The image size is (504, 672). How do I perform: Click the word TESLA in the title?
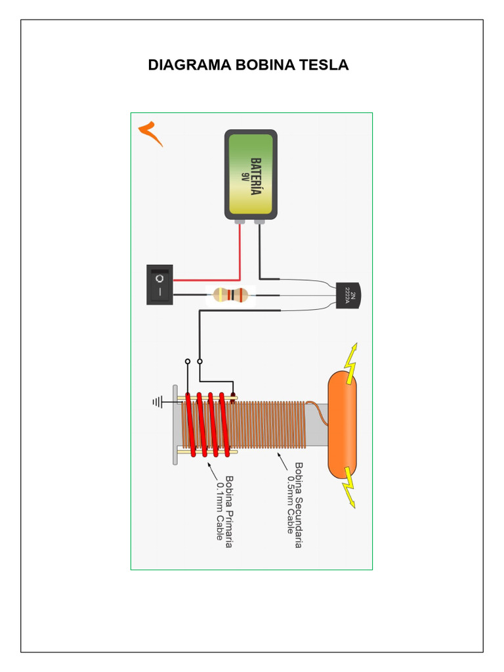(x=324, y=66)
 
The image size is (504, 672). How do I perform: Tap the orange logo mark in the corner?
(x=150, y=133)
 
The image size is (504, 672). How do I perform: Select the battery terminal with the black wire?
(x=259, y=222)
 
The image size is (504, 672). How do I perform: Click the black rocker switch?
(x=159, y=284)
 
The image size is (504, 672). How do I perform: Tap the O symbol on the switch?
(x=159, y=278)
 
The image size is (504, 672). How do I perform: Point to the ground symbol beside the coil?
(x=157, y=402)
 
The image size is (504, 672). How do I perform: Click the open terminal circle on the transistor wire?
(x=200, y=361)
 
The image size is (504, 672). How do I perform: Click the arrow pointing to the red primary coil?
(x=213, y=470)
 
